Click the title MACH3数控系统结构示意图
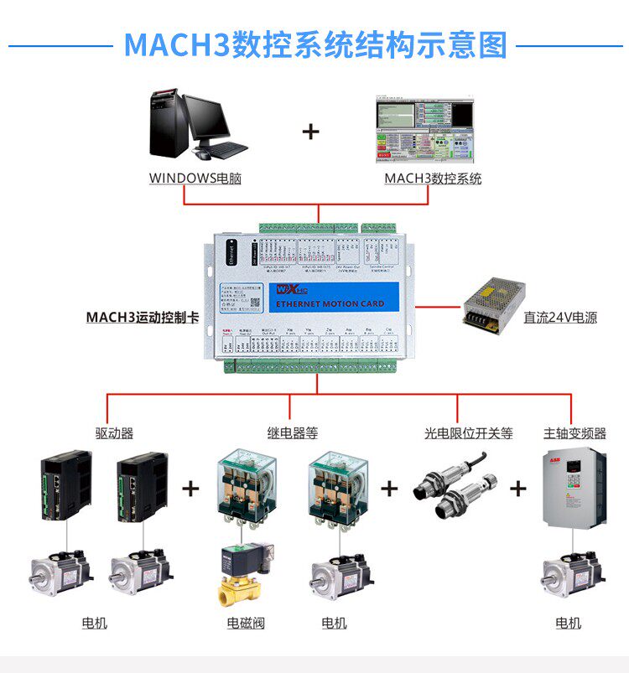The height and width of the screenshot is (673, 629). pos(314,44)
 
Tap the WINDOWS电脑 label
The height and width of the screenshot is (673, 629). pos(195,178)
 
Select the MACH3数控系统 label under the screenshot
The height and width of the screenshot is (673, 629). pos(433,178)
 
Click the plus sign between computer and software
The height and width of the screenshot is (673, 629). pos(311,132)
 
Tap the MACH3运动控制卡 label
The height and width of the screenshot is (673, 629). pos(142,318)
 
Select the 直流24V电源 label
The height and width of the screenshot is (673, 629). pos(560,318)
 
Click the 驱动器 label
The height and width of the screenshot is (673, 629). pos(114,433)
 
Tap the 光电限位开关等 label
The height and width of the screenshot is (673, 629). pos(468,433)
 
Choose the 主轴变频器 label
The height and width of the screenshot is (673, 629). pos(574,433)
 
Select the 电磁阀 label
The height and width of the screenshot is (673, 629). pos(246,624)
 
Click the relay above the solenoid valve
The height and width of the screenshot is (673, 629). pos(244,491)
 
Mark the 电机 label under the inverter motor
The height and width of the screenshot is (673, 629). pos(568,624)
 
